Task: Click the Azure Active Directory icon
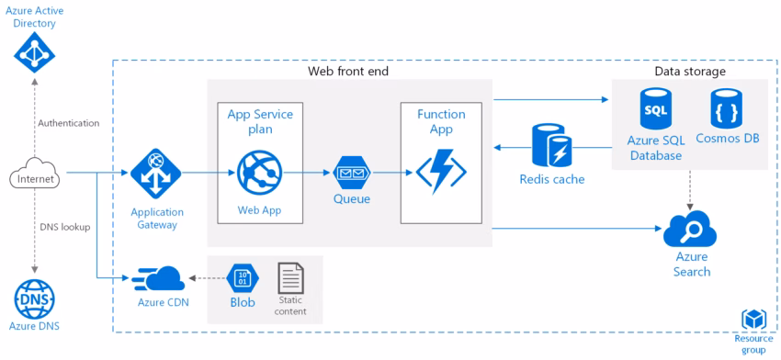click(35, 55)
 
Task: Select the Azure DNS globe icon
click(35, 298)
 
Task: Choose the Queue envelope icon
click(352, 172)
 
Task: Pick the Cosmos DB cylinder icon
click(728, 108)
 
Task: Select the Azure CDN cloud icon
click(158, 278)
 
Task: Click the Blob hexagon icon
click(242, 277)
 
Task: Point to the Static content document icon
click(290, 277)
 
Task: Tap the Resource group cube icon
click(753, 319)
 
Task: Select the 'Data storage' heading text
click(690, 72)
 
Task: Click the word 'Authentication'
click(69, 122)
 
